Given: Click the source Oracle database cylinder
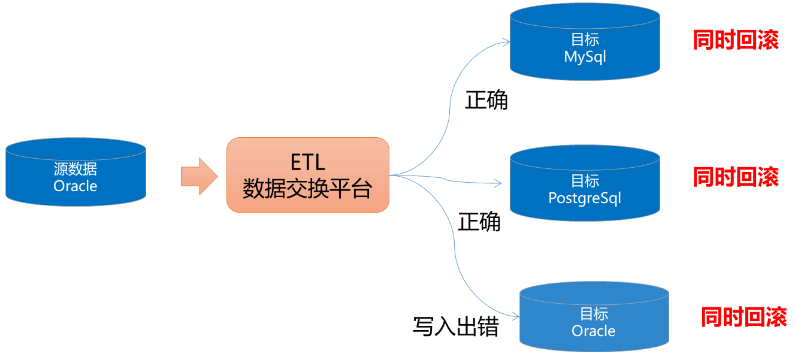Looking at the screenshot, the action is coord(75,172).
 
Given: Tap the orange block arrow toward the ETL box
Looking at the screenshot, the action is coord(199,177).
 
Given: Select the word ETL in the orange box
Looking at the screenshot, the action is coord(308,162).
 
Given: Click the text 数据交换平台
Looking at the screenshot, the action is coord(307,188).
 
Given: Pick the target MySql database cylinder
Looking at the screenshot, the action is coord(585,42).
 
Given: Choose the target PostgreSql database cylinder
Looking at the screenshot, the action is coord(585,183).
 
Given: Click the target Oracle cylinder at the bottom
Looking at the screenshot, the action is coord(594,317).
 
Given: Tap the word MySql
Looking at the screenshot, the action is coord(585,57).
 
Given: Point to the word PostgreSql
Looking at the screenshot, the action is coord(585,198).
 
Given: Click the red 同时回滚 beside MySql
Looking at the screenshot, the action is coord(736,40).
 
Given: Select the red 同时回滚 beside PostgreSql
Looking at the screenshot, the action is coord(736,177).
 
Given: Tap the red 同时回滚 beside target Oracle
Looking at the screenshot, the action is coord(744,317).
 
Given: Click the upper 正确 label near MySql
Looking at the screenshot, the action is coord(486,100).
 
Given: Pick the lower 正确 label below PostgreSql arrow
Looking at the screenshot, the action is coord(479,222).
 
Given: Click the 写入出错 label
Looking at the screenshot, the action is coord(456,326).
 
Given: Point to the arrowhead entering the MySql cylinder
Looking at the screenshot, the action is coord(507,42).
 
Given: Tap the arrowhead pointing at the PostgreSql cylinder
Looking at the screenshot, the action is coord(498,183).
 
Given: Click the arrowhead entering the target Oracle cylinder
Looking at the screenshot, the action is coord(516,316).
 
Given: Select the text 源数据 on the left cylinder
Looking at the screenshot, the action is coord(75,169).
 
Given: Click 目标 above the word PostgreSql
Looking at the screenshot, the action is coord(585,181).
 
